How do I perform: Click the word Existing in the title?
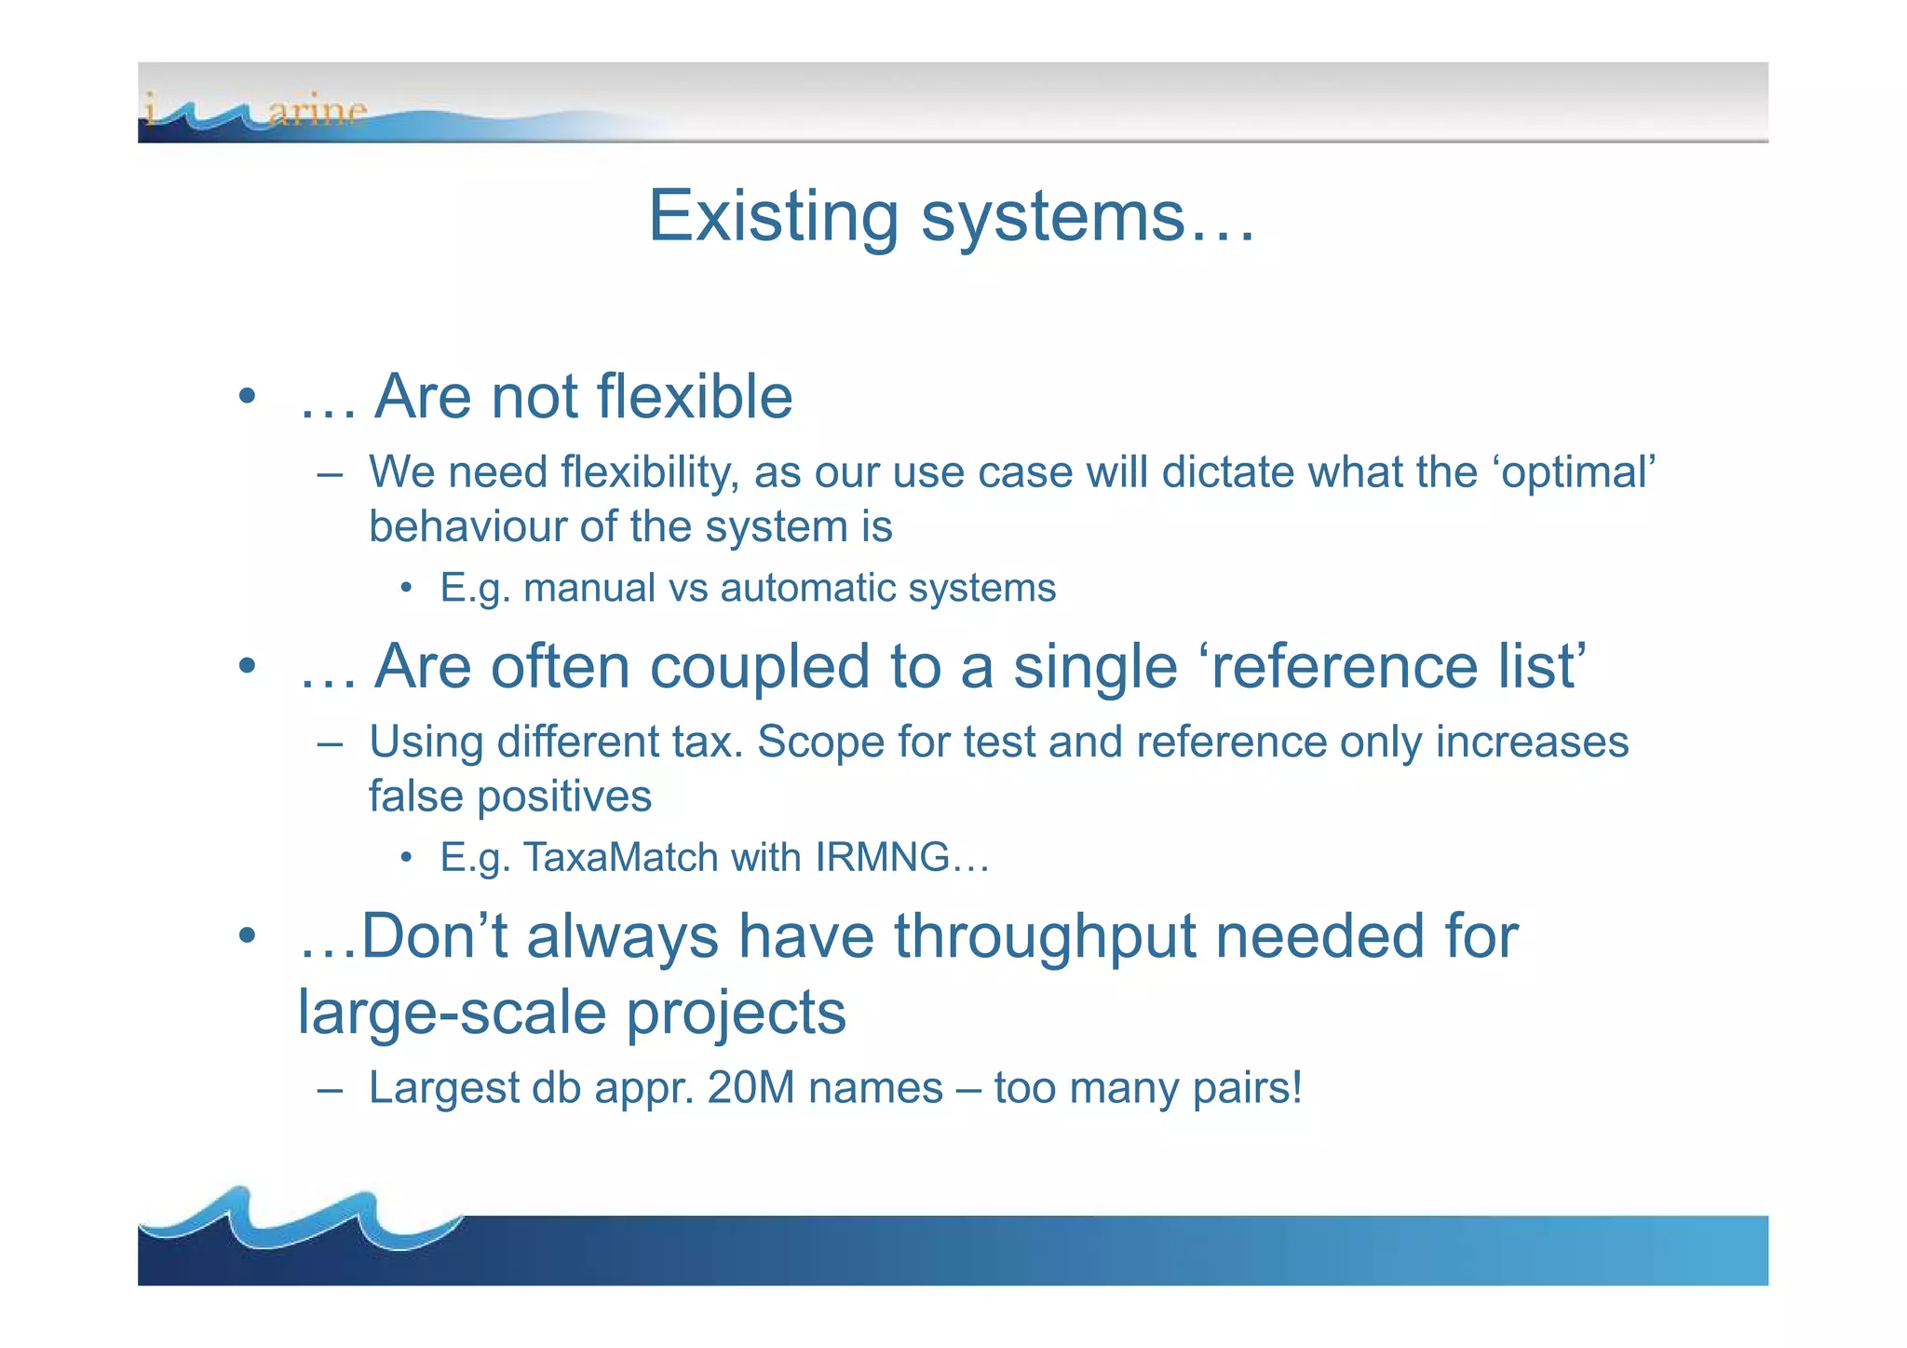coord(772,216)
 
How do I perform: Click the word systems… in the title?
coord(1088,216)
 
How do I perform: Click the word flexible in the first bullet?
coord(694,397)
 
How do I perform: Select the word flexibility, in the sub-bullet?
coord(649,472)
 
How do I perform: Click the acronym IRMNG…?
coord(901,857)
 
